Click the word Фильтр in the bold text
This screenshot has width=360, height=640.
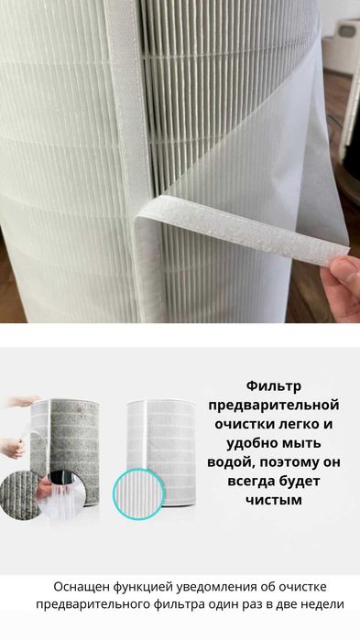pos(273,386)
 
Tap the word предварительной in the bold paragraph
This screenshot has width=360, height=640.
pos(273,405)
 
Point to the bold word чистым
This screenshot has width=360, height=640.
pos(273,502)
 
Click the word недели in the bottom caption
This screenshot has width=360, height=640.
pos(322,603)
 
